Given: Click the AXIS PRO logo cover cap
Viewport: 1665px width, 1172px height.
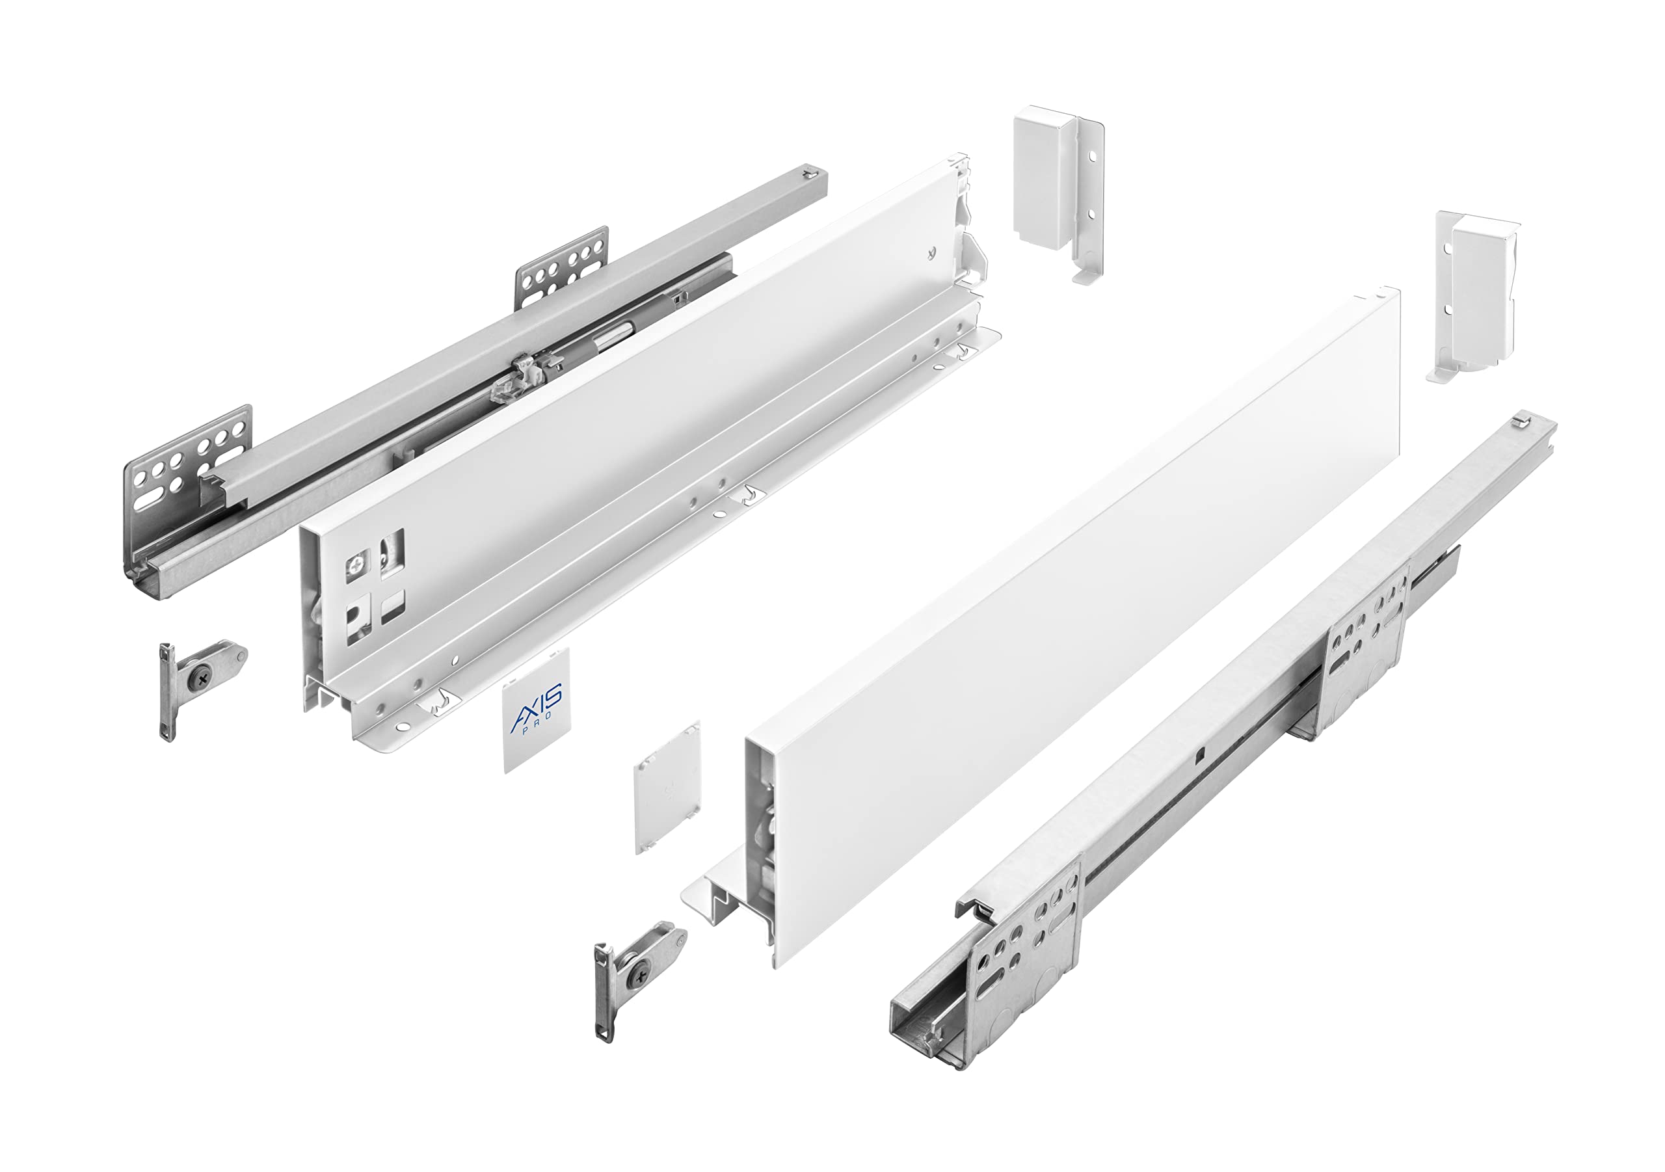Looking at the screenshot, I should click(536, 711).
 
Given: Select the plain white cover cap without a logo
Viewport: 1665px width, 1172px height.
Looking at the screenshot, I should click(668, 787).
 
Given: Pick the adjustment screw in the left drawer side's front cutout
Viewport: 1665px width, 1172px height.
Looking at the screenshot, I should click(358, 565).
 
